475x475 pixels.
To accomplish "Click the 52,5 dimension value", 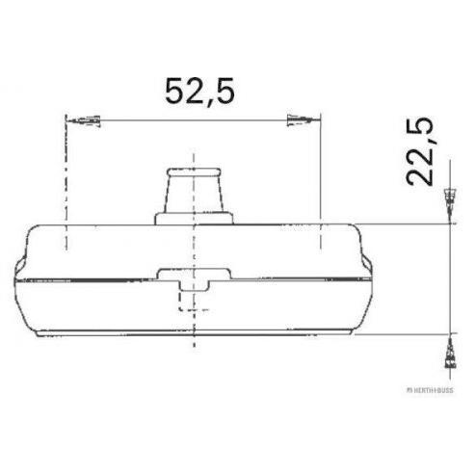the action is point(199,92).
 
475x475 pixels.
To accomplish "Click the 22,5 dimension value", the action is point(419,151).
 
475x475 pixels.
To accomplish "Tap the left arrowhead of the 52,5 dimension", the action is point(83,120).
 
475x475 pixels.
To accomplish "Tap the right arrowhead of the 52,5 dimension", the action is point(303,120).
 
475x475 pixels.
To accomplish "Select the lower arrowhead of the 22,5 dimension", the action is point(450,351).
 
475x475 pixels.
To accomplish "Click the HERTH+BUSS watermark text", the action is point(430,390).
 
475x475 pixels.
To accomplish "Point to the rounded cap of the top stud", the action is point(194,172).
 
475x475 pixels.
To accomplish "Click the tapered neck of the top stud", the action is point(194,195).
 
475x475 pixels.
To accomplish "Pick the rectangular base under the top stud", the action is point(194,219).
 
